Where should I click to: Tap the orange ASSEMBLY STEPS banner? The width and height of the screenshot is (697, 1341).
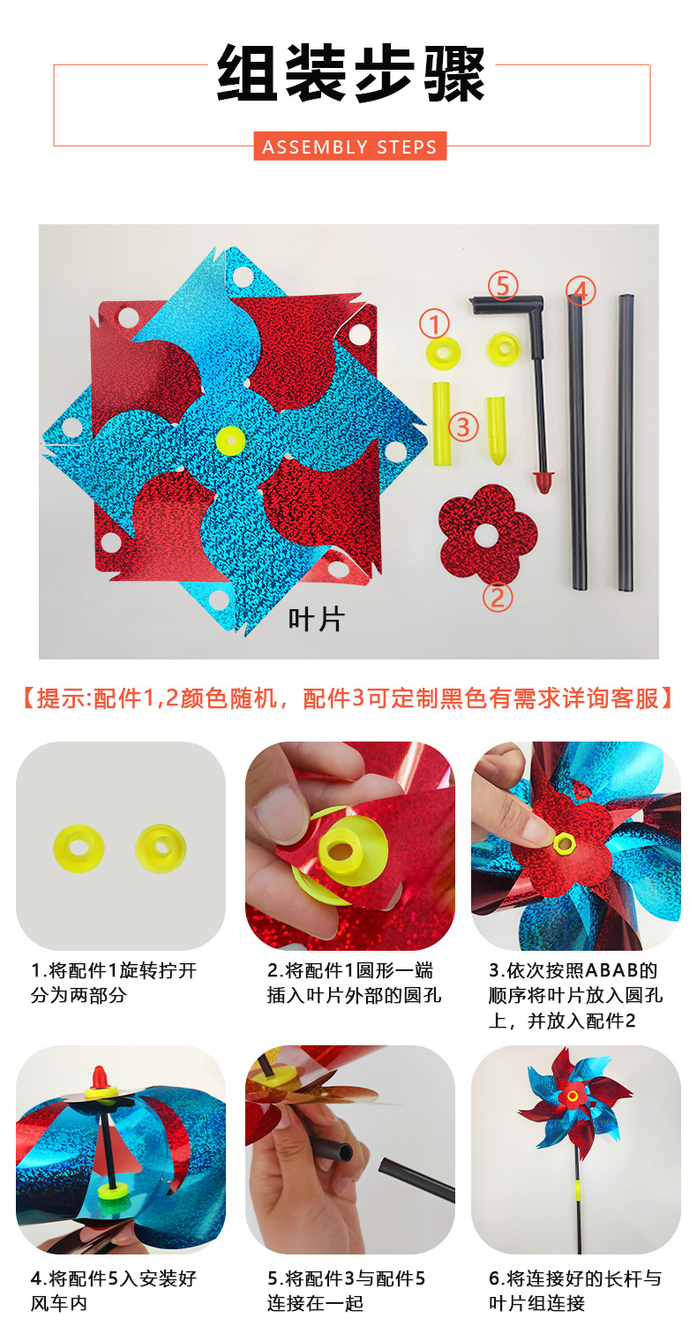click(x=349, y=147)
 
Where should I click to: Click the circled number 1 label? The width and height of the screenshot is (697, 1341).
click(x=434, y=324)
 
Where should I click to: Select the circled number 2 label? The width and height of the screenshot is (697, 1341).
click(x=497, y=598)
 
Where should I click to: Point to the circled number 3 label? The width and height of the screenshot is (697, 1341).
click(x=463, y=426)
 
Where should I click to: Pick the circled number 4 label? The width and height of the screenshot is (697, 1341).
click(x=580, y=290)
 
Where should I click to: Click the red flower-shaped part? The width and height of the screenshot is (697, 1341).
click(x=487, y=533)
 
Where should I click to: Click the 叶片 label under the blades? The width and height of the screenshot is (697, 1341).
click(x=316, y=620)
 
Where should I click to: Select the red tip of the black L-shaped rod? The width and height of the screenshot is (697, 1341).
click(x=543, y=482)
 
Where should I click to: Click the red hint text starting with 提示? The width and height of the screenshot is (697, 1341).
click(x=348, y=698)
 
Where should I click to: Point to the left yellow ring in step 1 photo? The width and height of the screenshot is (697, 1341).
click(x=79, y=846)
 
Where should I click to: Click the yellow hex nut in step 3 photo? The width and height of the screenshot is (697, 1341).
click(x=562, y=843)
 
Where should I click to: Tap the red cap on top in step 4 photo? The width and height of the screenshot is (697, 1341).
click(x=101, y=1080)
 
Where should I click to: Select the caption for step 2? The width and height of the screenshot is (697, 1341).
click(x=350, y=983)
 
